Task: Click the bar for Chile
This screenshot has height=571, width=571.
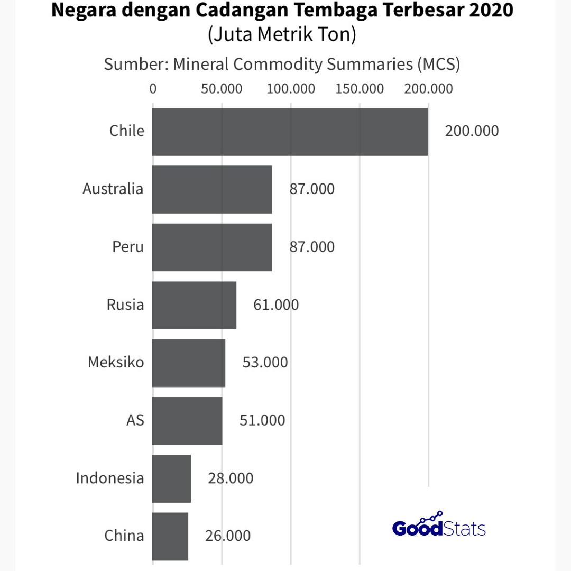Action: [x=290, y=132]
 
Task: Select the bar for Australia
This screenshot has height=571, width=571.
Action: [x=212, y=190]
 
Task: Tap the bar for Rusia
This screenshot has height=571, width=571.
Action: [x=194, y=305]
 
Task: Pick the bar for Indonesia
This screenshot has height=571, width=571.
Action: [x=171, y=478]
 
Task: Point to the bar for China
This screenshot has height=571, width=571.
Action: [x=170, y=536]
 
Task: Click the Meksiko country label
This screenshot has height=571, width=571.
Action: [x=116, y=363]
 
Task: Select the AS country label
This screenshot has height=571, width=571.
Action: [x=135, y=420]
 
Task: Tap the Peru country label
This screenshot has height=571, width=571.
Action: [x=128, y=247]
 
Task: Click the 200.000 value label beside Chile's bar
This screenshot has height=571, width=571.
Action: [x=472, y=131]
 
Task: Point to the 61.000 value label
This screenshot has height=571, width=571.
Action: [x=276, y=305]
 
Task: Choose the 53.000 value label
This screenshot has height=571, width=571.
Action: [x=265, y=363]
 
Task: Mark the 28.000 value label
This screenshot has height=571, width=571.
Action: [x=231, y=478]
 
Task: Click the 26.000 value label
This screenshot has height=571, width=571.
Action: [x=228, y=536]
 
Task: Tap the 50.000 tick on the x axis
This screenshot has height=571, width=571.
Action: [x=222, y=88]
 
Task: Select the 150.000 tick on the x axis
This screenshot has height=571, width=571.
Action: [x=360, y=88]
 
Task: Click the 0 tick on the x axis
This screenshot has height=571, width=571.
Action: [x=153, y=88]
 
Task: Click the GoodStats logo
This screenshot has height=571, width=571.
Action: [x=439, y=526]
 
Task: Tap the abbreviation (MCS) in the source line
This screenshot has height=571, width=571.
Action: [x=438, y=64]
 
